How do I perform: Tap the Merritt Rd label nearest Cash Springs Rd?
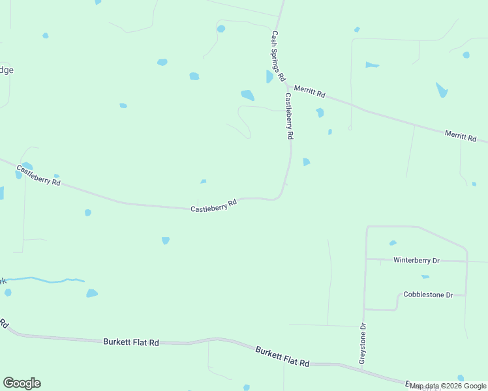(309, 91)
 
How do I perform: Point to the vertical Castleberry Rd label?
(289, 116)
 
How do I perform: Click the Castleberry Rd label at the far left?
(38, 176)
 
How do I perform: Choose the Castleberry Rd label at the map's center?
(213, 206)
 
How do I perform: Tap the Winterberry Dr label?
(416, 260)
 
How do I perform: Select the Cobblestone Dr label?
(428, 295)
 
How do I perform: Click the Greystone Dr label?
(363, 343)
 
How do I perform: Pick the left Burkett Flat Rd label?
(131, 341)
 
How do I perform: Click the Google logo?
(22, 383)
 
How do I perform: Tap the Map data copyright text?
(448, 386)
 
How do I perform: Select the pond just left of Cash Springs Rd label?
(269, 77)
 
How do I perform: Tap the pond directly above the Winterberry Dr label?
(393, 243)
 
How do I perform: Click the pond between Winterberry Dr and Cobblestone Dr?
(425, 277)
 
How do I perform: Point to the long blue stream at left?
(46, 280)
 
